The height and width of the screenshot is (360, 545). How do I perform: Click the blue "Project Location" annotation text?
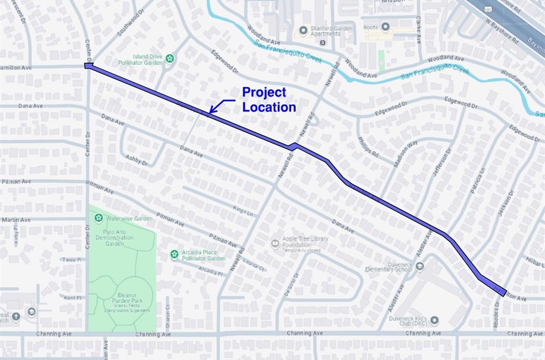point(269,100)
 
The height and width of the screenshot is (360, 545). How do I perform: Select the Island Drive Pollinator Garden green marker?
point(170,58)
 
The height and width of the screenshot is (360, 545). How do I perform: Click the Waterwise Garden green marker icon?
point(98,218)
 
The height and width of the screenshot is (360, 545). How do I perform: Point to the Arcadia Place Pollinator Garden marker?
point(174,254)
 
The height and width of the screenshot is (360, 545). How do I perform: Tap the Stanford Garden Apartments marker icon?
point(303,30)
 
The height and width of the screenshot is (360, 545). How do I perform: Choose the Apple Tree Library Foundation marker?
point(274,243)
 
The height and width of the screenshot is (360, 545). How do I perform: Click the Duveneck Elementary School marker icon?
point(420,267)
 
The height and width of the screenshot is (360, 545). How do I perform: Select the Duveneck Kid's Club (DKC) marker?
point(434,321)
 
